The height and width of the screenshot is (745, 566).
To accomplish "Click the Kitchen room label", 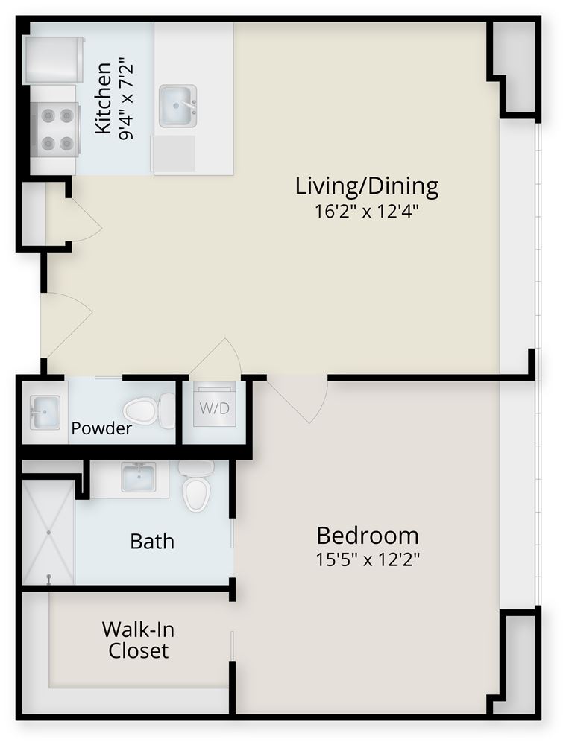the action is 103,98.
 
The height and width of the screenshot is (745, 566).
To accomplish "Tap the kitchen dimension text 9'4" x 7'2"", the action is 126,99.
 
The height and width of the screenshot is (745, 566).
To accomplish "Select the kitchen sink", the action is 178,106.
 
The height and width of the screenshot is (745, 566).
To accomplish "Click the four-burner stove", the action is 54,129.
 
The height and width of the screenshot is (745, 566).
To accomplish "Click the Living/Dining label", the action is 367,186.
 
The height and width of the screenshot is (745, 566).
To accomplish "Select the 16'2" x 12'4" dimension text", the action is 367,211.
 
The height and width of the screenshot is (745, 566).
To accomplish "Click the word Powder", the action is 101,428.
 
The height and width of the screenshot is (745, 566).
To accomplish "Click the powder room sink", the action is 45,412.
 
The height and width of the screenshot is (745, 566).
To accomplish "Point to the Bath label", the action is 152,541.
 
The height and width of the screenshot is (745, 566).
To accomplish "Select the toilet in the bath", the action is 196,486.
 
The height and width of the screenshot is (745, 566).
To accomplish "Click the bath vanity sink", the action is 138,477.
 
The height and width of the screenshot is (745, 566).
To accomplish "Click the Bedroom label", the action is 368,536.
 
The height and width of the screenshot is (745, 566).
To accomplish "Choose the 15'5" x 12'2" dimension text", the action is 368,559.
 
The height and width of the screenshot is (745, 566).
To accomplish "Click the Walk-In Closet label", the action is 139,640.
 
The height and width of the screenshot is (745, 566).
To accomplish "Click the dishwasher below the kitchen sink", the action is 174,153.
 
